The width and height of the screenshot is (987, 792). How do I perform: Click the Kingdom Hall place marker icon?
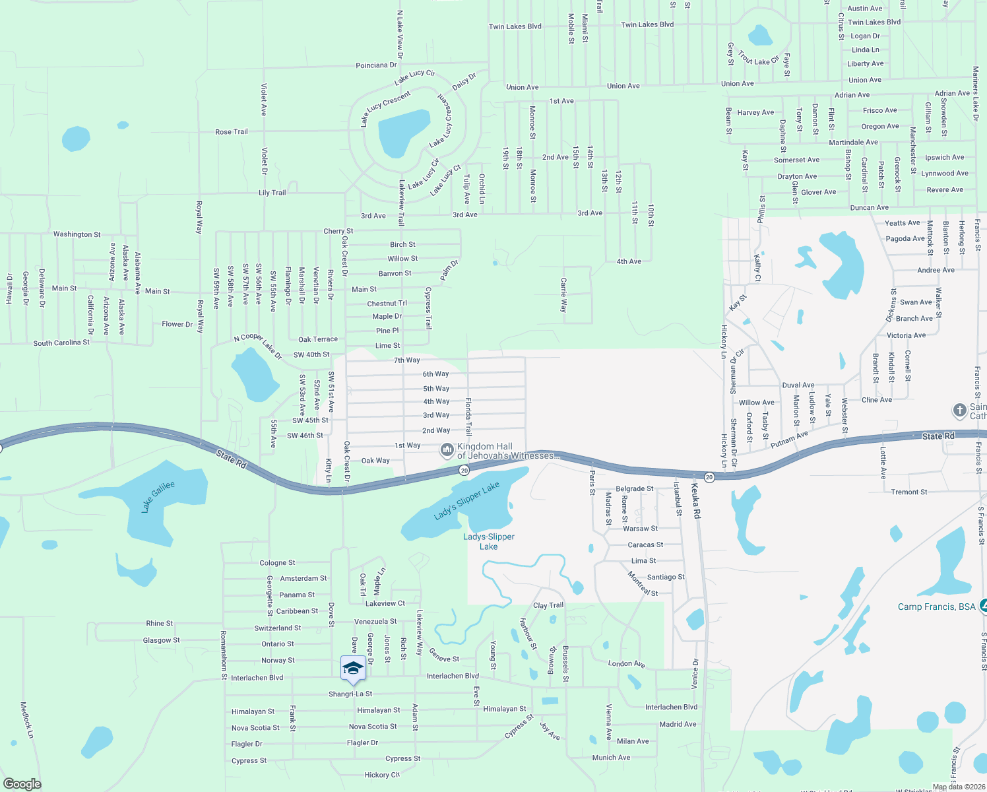pos(447,451)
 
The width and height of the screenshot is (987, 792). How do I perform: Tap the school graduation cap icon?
pos(353,668)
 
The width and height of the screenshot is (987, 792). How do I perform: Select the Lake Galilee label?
pos(158,496)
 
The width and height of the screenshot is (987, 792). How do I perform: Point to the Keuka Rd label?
pos(695,500)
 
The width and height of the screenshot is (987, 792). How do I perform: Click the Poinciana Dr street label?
pos(376,65)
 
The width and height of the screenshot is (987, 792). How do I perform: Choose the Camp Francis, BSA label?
pos(936,607)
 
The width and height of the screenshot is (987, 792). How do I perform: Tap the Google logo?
pos(22,784)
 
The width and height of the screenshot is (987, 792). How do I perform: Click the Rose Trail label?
pos(232,132)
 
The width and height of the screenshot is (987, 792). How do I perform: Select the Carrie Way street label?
pos(563,295)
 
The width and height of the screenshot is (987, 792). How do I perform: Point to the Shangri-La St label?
pos(350,694)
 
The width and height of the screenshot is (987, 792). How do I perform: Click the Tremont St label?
pos(908,492)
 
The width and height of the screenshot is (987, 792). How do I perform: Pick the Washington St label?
pos(77,234)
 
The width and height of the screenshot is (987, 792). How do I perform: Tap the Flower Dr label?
pos(177,324)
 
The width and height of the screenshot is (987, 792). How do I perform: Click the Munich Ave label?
pos(611,758)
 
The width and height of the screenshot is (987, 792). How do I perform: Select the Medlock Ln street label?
pos(26,719)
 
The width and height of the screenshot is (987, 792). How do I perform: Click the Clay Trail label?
pos(548,605)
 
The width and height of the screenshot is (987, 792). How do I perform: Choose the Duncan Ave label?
pos(869,208)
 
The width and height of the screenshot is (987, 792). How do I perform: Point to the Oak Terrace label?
pos(318,339)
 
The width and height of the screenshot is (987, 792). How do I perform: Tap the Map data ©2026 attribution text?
pos(957,787)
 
